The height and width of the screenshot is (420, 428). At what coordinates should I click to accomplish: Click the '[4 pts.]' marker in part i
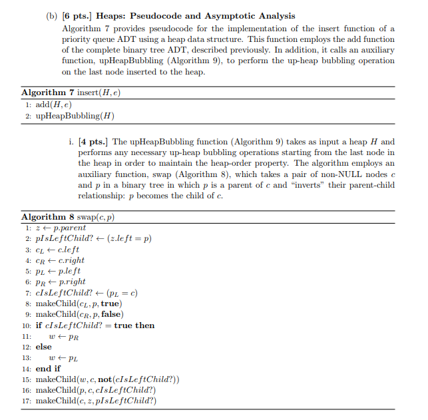point(95,142)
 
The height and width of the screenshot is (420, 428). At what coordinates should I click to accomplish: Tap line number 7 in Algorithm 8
point(27,293)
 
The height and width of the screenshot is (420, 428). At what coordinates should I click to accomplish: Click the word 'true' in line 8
point(110,304)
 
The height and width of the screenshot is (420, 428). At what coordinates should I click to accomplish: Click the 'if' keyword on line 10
point(39,325)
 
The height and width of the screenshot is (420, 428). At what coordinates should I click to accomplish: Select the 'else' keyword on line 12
point(43,347)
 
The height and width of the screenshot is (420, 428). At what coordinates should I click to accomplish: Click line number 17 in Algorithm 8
point(27,401)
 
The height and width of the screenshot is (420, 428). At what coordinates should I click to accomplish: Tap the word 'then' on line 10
point(144,325)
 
